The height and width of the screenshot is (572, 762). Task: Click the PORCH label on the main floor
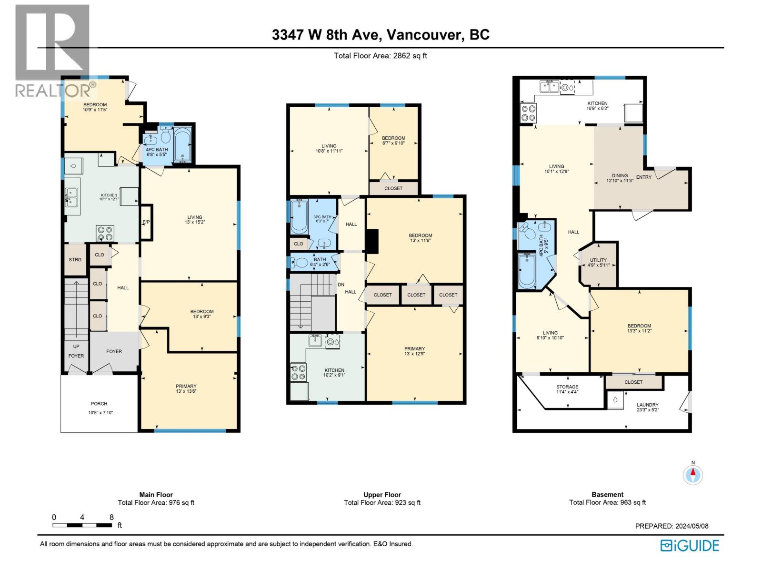pos(99,404)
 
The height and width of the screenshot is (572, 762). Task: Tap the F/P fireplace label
pos(146,222)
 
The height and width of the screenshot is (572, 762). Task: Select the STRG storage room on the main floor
pos(75,259)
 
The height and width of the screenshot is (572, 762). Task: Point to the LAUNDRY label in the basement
pos(647,405)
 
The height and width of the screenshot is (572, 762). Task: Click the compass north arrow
pos(693,473)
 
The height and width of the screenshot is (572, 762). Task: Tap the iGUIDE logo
pos(690,545)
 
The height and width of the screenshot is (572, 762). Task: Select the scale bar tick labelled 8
pos(111,517)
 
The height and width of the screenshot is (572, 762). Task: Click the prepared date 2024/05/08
pos(690,526)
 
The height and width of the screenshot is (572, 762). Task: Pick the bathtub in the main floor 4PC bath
pos(182,145)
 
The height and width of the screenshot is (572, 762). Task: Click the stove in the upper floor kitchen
pos(299,372)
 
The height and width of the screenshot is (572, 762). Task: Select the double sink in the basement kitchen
pos(549,86)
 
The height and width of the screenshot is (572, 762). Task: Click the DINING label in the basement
pos(620,175)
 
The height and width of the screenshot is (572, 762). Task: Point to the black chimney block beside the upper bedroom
pos(372,241)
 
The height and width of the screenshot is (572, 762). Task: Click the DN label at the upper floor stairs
pos(341,285)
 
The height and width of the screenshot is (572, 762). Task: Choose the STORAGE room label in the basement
pos(567,387)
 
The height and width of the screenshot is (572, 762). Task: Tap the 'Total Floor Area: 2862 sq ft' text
pos(381,56)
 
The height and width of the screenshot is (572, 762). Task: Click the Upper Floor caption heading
pos(382,495)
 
